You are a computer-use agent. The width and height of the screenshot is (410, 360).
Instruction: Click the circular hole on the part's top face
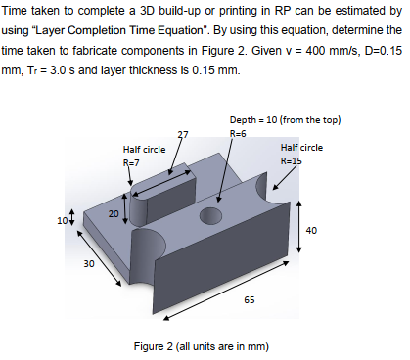[211, 214]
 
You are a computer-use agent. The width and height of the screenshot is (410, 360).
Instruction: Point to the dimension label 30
[87, 262]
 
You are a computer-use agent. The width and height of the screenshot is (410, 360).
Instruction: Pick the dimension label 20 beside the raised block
[114, 212]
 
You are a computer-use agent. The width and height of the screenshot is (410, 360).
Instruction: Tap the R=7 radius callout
[131, 160]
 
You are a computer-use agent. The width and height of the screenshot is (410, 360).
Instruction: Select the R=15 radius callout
[294, 158]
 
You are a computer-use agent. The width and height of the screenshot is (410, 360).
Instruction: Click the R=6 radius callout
[236, 132]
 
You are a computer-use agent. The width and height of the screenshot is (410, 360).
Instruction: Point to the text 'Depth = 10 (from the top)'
[283, 120]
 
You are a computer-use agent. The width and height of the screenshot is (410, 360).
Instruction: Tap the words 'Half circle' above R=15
[300, 147]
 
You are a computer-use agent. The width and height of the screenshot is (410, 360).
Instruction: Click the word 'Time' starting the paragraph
[21, 15]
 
